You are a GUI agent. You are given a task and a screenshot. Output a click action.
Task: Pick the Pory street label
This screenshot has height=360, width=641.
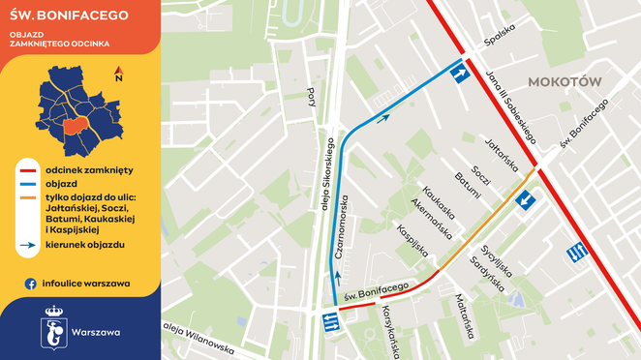pos(311,96)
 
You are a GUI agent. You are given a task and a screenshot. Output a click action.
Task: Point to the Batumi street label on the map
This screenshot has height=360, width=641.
pos(468,185)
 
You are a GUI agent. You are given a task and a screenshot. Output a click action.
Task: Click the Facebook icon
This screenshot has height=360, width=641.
pos(31,284)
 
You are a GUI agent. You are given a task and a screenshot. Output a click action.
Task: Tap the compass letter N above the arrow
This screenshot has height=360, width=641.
pos(117,70)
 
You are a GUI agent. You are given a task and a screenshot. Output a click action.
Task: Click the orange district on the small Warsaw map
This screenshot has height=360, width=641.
pos(74,128)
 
